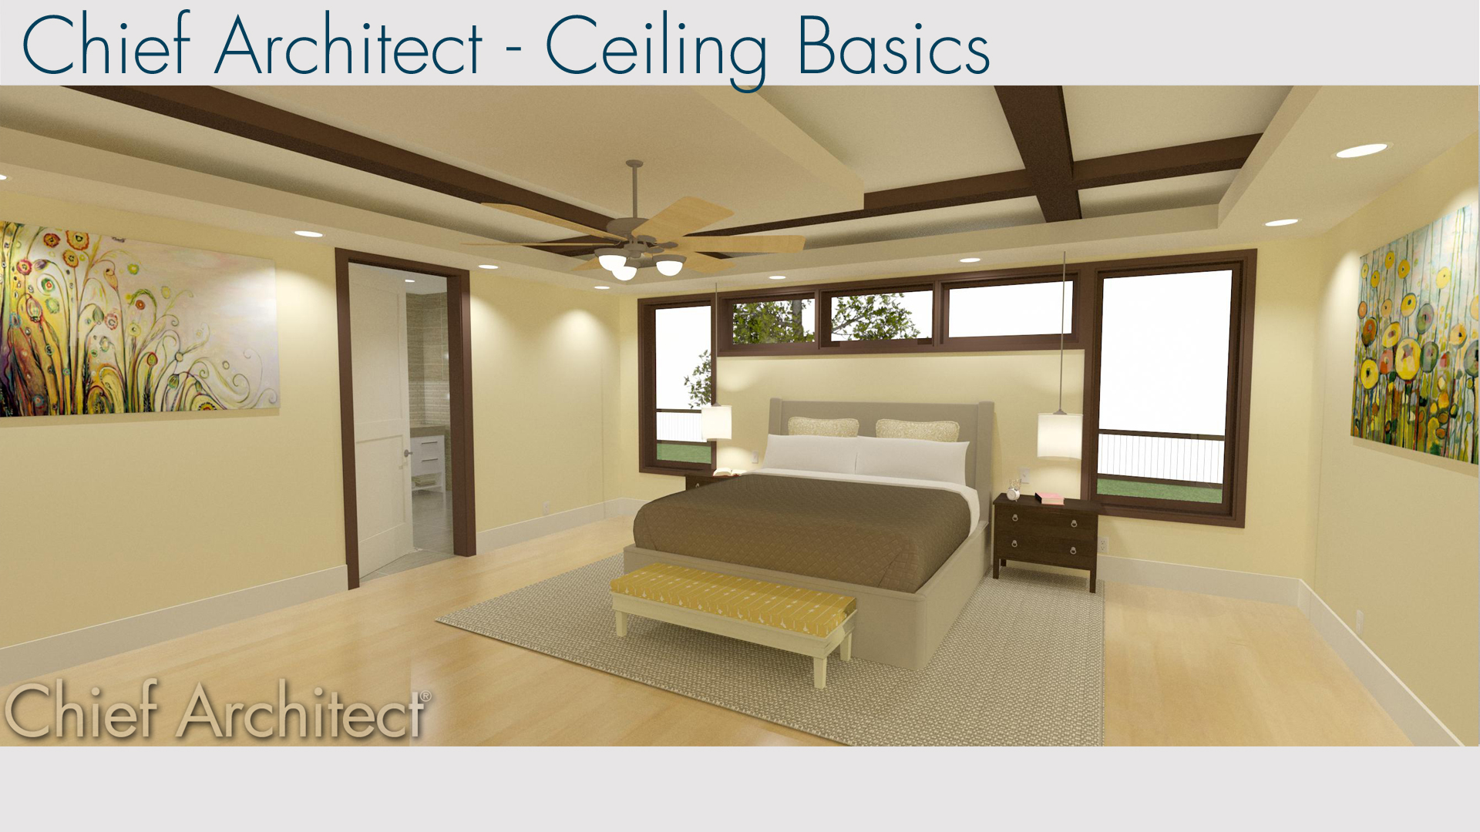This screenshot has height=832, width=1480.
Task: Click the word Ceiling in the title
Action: click(655, 48)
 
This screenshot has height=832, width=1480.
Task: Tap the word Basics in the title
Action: click(893, 48)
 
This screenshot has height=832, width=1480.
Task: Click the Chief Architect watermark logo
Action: click(216, 710)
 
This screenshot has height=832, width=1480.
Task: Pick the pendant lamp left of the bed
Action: click(716, 422)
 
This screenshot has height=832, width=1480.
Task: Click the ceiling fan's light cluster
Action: click(640, 264)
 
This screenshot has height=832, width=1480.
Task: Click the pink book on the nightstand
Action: click(1049, 498)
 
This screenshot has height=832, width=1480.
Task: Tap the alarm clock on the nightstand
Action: click(1014, 491)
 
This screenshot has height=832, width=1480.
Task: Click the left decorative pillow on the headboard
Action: click(822, 427)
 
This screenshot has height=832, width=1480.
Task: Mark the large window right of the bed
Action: click(1164, 385)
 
